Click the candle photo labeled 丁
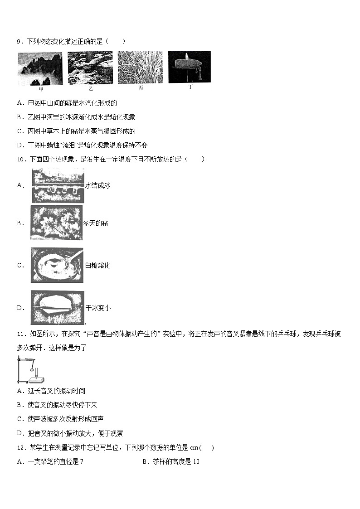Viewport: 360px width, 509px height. pyautogui.click(x=189, y=67)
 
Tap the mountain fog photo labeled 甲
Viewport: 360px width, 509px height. pyautogui.click(x=40, y=68)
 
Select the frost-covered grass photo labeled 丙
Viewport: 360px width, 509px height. pyautogui.click(x=140, y=68)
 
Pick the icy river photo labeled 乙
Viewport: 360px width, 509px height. pyautogui.click(x=90, y=68)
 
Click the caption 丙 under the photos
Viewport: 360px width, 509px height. pyautogui.click(x=141, y=87)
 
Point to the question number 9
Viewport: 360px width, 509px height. pyautogui.click(x=19, y=42)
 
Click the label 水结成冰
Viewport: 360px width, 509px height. pyautogui.click(x=98, y=185)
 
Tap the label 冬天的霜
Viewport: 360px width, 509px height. pyautogui.click(x=95, y=223)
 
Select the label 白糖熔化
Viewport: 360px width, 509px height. pyautogui.click(x=97, y=265)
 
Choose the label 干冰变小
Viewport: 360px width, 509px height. pyautogui.click(x=98, y=308)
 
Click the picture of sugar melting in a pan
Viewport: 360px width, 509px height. pyautogui.click(x=57, y=265)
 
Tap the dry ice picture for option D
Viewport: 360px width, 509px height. pyautogui.click(x=57, y=308)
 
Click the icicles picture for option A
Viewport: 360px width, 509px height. pyautogui.click(x=58, y=186)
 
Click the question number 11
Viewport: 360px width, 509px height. pyautogui.click(x=20, y=334)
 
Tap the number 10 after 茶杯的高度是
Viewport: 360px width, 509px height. pyautogui.click(x=196, y=462)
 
